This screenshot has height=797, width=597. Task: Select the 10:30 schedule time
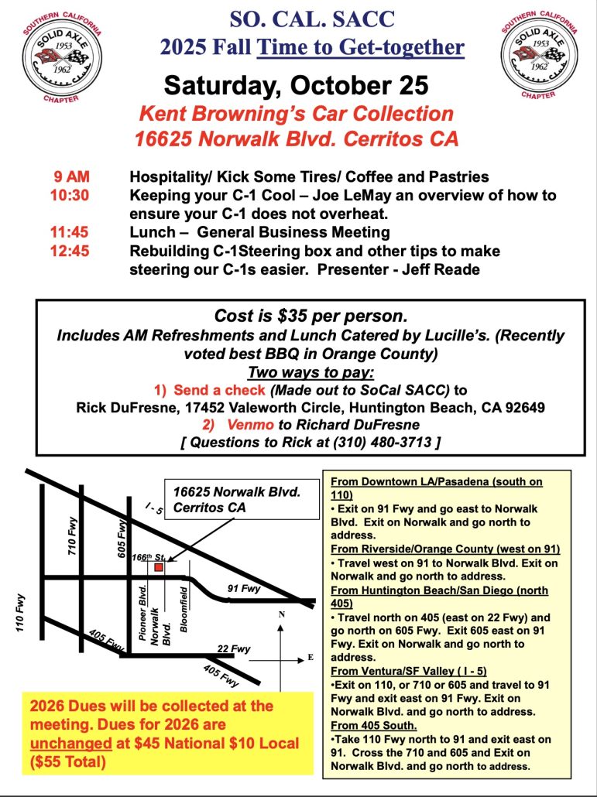click(69, 195)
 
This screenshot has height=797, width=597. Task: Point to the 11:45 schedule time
click(69, 232)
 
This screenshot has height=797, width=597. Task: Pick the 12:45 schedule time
click(69, 251)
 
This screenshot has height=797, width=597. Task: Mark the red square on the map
click(158, 567)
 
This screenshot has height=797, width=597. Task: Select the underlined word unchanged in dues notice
click(59, 743)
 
